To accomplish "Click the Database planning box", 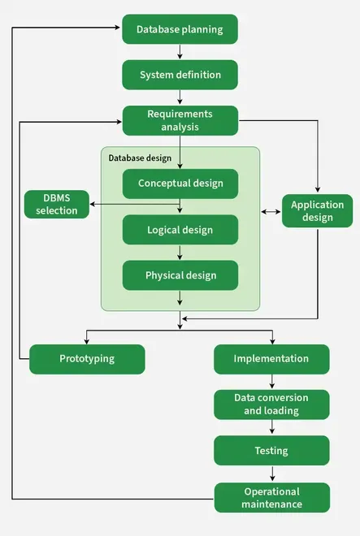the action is click(180, 29).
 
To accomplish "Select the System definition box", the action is click(180, 75).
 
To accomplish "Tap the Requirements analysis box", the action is click(180, 120).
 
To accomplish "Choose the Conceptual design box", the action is click(180, 184).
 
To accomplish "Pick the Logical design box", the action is click(180, 230).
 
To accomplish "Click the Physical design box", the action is click(180, 275).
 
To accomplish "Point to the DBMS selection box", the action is click(57, 205).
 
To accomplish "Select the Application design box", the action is click(317, 211).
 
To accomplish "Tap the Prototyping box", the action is click(87, 359).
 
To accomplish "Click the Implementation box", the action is click(271, 359).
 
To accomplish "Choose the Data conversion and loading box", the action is click(271, 404).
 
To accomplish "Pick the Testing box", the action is click(271, 451).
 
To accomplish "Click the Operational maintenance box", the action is click(272, 498).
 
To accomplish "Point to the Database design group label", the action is click(140, 158).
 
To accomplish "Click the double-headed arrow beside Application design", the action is click(271, 212).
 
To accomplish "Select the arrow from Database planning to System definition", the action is click(180, 52).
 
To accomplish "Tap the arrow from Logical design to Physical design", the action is click(180, 253).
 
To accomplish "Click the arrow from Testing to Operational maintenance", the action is click(272, 473).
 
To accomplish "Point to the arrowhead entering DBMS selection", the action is click(93, 205).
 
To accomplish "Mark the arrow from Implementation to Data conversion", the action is click(272, 382).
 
